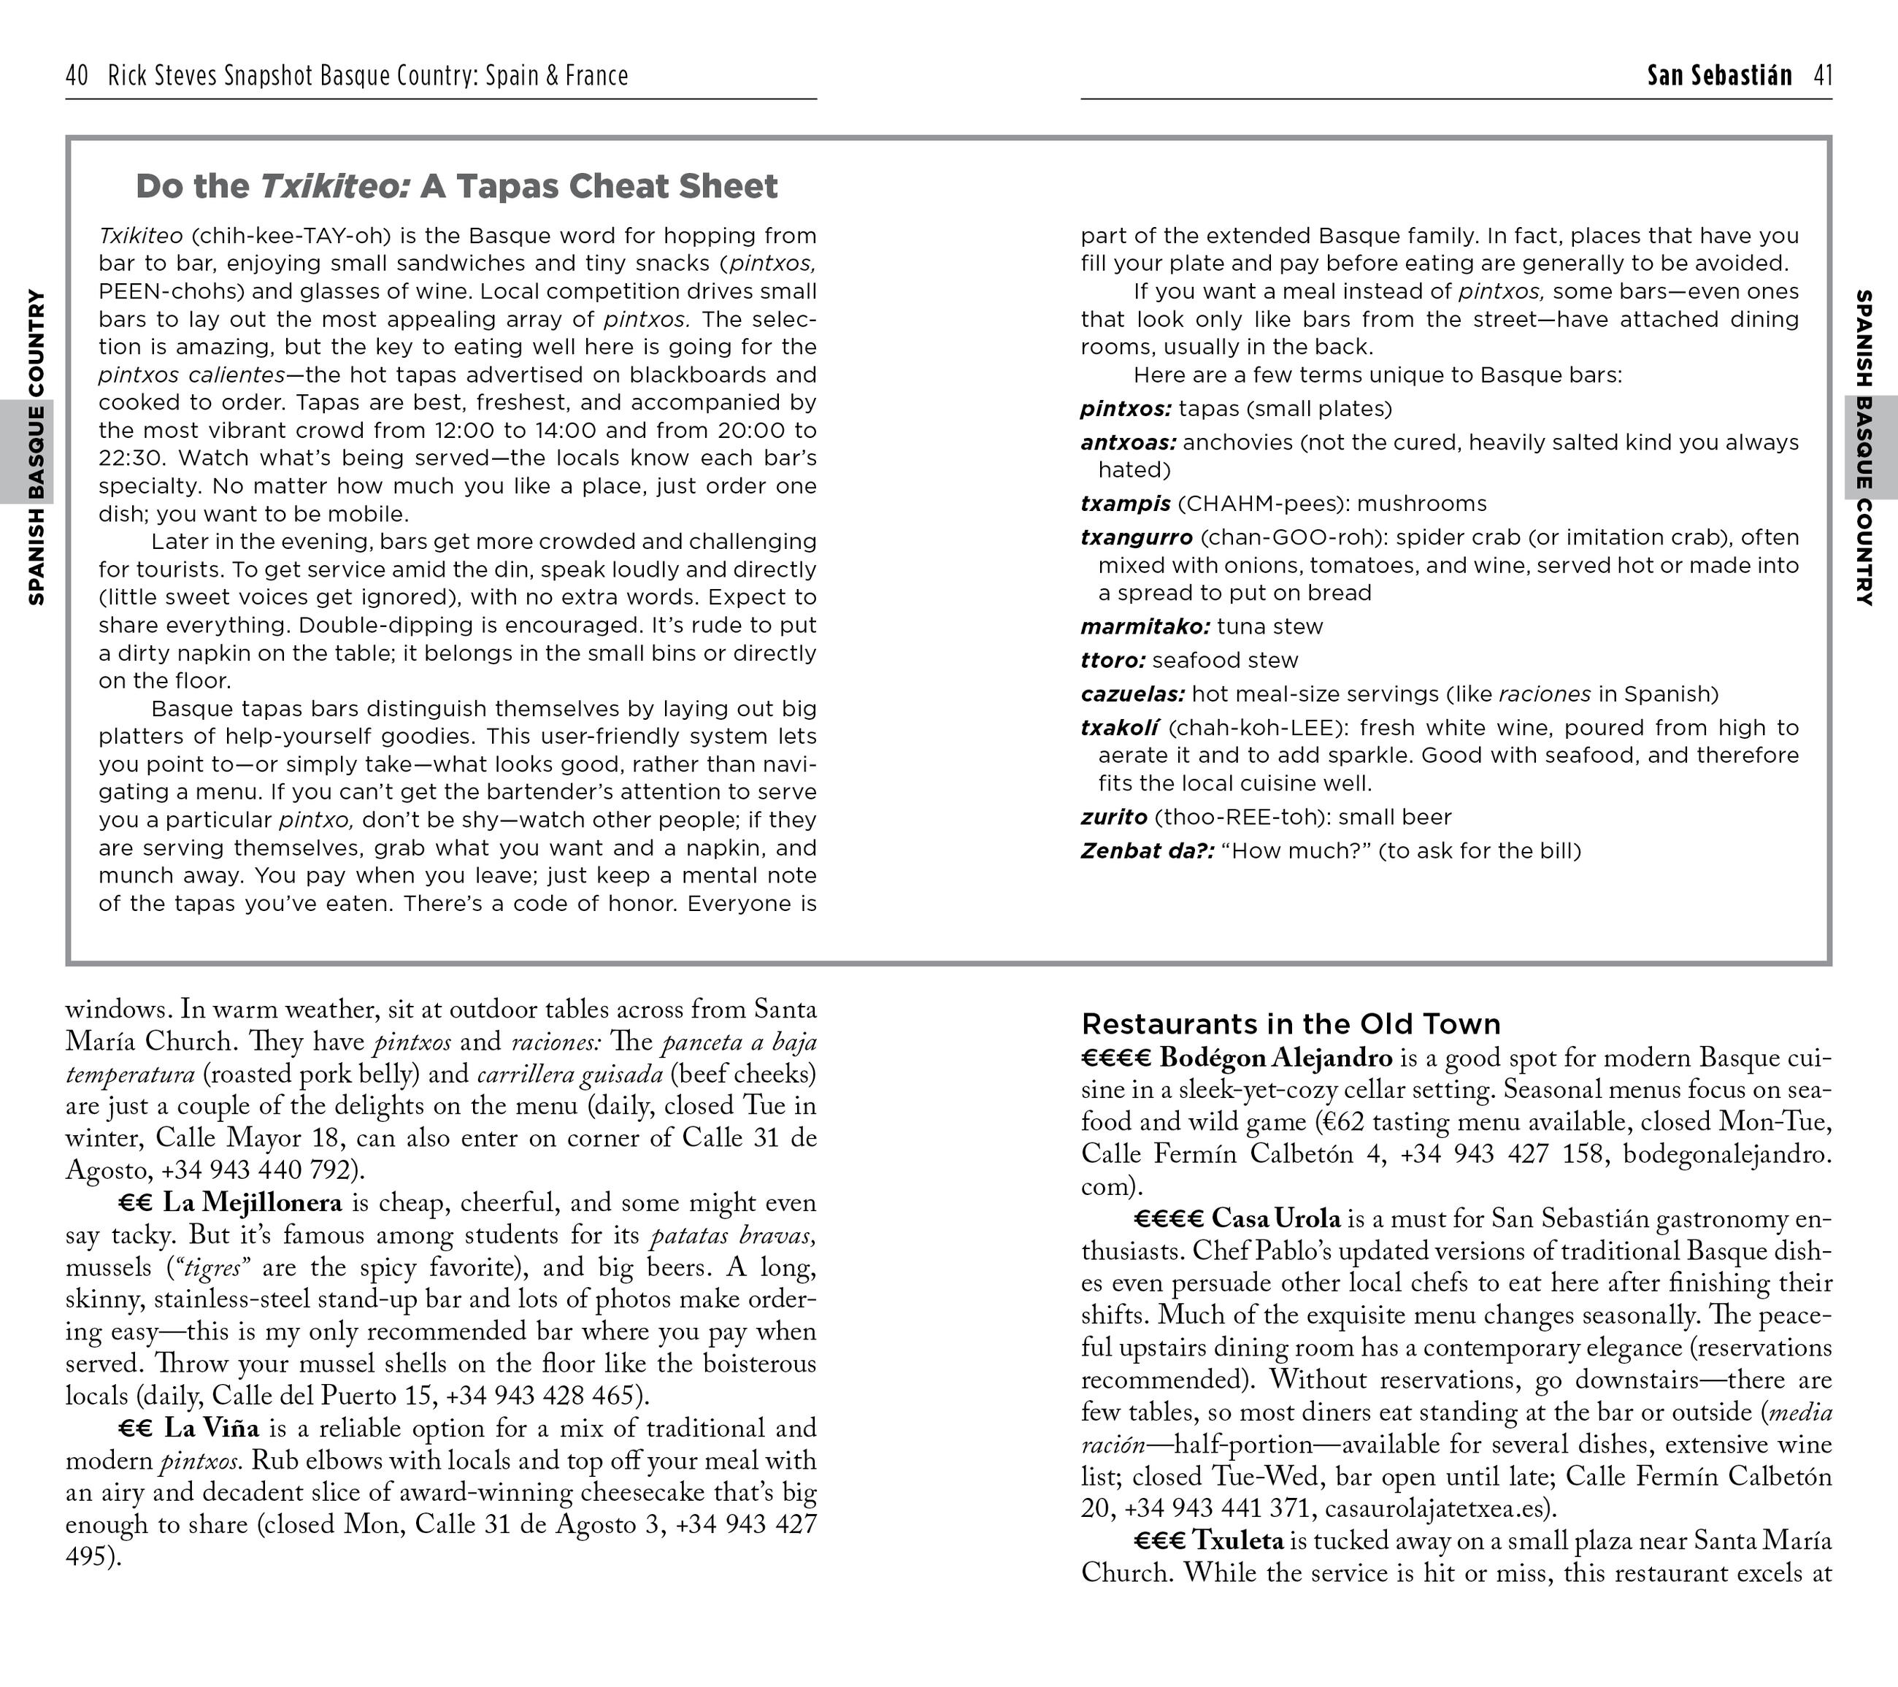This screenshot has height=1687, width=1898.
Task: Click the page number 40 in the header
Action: [x=77, y=75]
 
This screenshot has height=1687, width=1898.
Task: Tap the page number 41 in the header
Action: [x=1823, y=75]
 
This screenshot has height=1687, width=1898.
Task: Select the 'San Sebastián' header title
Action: [x=1719, y=75]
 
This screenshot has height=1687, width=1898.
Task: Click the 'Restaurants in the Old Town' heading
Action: [x=1291, y=1024]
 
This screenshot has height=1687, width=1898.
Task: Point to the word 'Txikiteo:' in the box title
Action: [x=335, y=187]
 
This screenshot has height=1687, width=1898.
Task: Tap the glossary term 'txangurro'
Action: [x=1137, y=537]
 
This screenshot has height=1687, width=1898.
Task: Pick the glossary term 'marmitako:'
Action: [x=1145, y=627]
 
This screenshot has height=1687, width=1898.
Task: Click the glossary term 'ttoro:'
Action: [x=1113, y=660]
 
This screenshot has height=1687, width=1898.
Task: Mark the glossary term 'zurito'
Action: [x=1113, y=817]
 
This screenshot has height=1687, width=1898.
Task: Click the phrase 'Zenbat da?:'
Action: [x=1147, y=850]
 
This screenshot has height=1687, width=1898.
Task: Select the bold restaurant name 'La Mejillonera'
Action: [x=253, y=1203]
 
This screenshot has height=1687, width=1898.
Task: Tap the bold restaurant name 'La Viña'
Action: [x=212, y=1428]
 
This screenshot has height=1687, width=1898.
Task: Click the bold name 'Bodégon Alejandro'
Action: [x=1276, y=1058]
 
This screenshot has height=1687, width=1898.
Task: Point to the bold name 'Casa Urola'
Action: [x=1276, y=1219]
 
